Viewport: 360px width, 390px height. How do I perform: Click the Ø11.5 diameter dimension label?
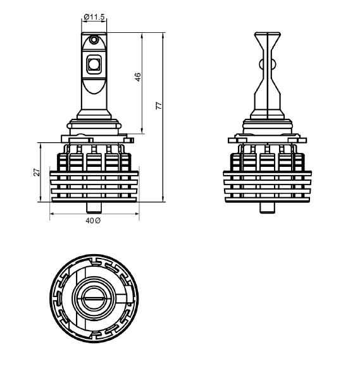pos(94,17)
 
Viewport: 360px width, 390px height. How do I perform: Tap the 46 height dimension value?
pos(138,77)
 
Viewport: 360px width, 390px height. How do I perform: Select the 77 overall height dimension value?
pos(159,106)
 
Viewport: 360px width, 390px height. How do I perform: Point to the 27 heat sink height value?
pos(37,172)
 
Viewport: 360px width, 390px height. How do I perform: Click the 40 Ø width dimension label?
pos(93,221)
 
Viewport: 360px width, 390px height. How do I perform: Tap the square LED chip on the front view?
pos(94,64)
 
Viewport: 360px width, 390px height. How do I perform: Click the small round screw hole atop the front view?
pos(94,39)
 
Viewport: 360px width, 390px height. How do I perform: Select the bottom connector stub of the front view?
pos(94,208)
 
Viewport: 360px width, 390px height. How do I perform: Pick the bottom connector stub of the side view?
pos(268,208)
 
